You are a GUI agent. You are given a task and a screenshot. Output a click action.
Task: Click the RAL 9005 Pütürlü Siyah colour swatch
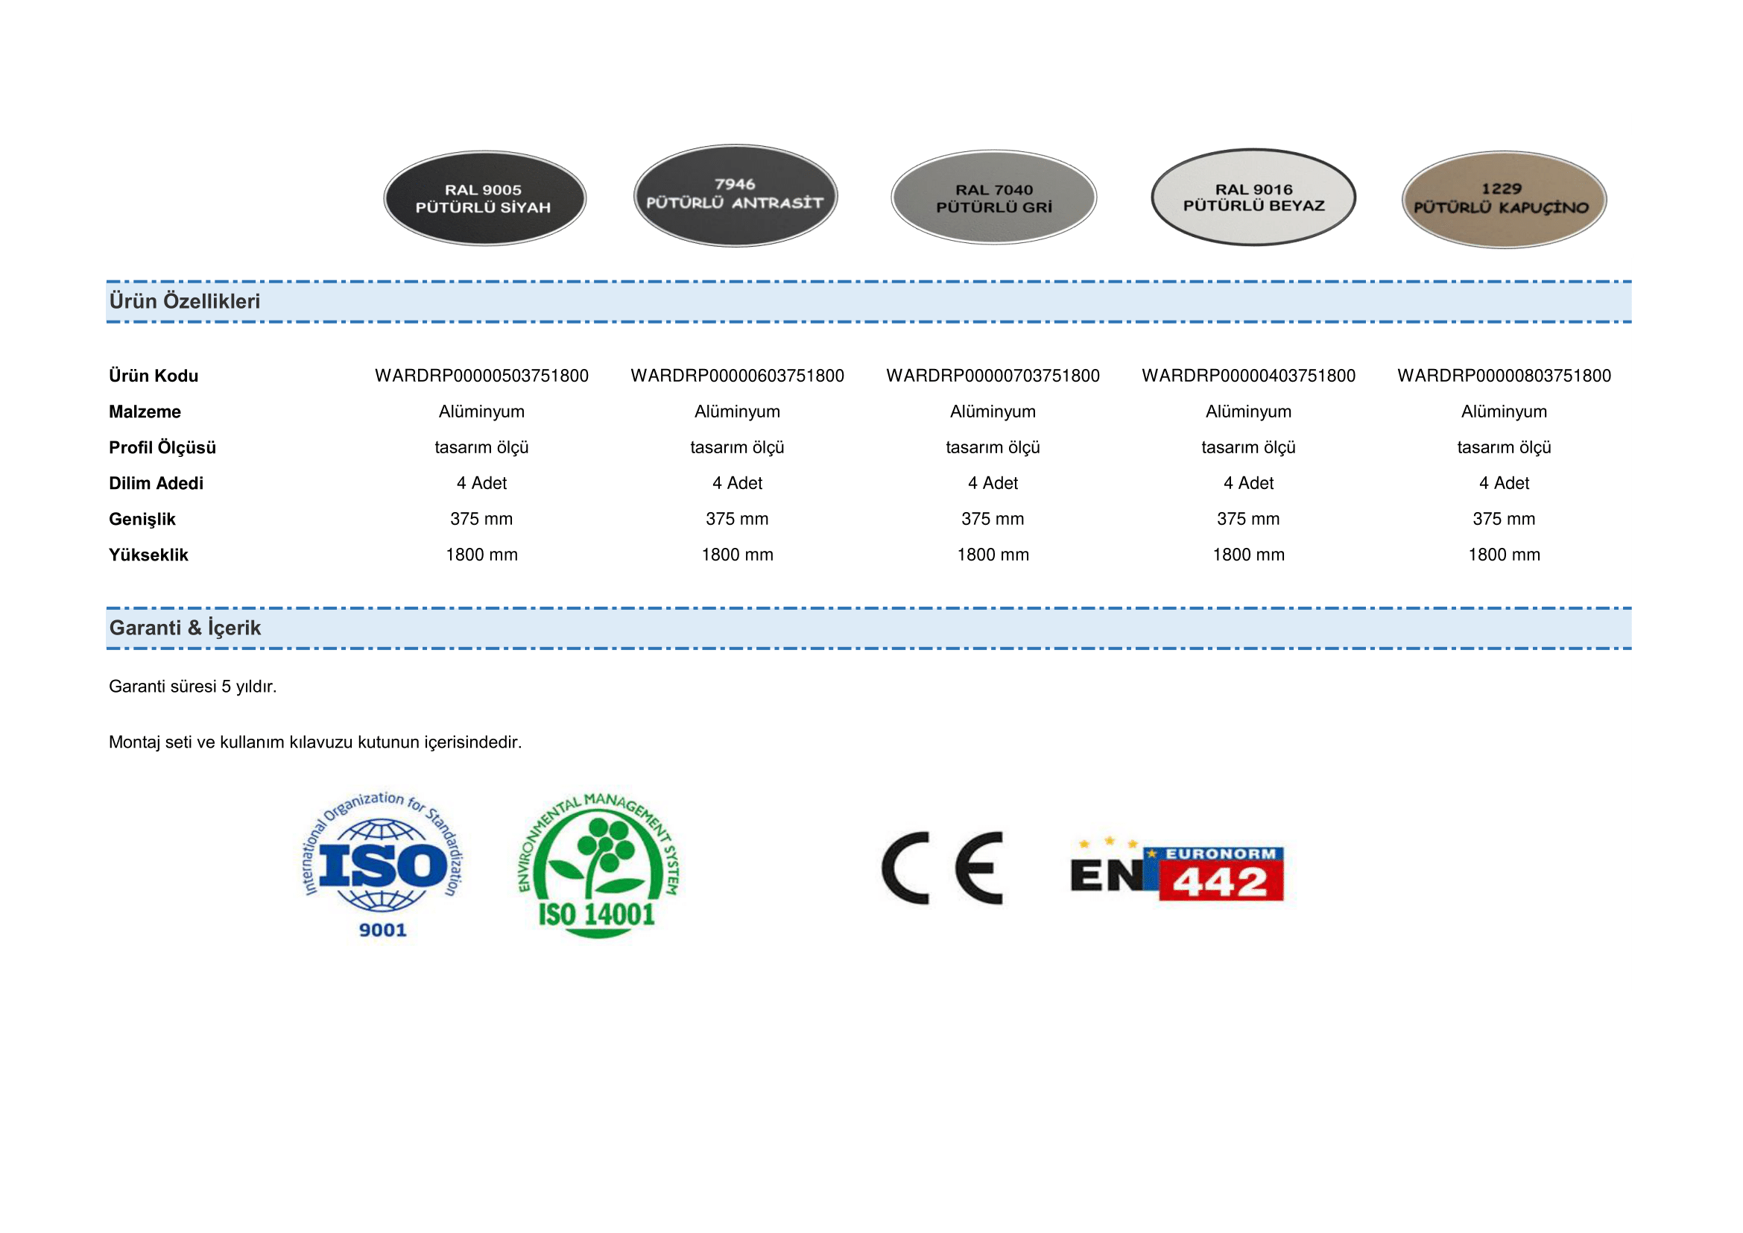pos(484,198)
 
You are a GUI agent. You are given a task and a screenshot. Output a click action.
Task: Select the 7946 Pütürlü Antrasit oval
pos(735,195)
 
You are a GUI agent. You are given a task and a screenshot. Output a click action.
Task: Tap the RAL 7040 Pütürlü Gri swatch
pos(994,198)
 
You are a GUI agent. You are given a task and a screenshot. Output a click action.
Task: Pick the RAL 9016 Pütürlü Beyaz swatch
pos(1253,198)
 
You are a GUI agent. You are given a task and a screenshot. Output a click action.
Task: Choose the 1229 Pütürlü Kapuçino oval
pos(1503,199)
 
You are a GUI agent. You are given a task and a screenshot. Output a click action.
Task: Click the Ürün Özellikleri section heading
pos(185,301)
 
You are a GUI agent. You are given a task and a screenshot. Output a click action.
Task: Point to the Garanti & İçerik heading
pos(185,628)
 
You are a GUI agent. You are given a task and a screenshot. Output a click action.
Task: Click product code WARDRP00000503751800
pos(481,376)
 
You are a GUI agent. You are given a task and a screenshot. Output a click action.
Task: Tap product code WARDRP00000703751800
pos(992,376)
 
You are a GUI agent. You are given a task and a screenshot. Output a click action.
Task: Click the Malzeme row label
pos(145,411)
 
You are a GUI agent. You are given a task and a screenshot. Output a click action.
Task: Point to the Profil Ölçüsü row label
pos(162,447)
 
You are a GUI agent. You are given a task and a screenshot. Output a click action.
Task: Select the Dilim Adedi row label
pos(156,483)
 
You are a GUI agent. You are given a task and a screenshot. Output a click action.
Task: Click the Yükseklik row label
pos(148,555)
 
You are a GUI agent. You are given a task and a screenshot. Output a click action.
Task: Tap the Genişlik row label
pos(142,520)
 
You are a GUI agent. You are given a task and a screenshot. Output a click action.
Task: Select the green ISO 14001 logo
pos(598,864)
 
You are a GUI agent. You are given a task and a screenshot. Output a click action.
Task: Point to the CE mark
pos(941,868)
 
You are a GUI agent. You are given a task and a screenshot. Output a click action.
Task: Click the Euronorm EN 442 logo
pos(1177,871)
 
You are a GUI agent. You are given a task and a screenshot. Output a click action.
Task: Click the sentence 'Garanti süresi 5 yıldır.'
pos(193,687)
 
